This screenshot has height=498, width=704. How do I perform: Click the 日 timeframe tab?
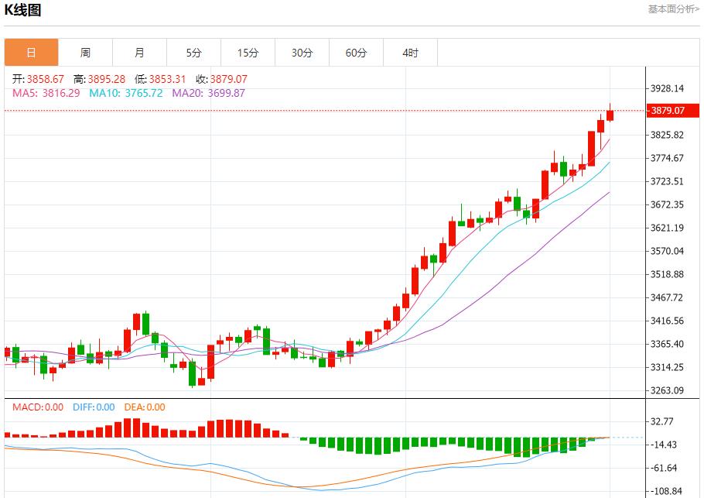tap(31, 53)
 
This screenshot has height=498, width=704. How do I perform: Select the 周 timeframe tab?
tap(85, 53)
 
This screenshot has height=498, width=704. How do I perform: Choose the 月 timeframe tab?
tap(139, 53)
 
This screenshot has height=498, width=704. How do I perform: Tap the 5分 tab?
tap(193, 53)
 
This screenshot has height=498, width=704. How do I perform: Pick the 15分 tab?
tap(248, 53)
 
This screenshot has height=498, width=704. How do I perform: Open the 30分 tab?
tap(302, 53)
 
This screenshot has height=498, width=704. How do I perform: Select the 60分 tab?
tap(356, 53)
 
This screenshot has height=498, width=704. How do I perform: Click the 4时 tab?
tap(410, 53)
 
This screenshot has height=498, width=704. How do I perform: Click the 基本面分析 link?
tap(673, 9)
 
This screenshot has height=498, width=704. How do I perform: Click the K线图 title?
tap(23, 10)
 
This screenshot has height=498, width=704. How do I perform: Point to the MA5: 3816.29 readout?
tap(46, 93)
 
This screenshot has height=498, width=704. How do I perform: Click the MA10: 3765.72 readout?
tap(126, 93)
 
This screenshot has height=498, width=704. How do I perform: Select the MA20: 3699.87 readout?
tap(208, 93)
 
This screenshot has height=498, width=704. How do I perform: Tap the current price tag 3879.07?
tap(668, 111)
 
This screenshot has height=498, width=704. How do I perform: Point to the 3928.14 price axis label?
tap(668, 88)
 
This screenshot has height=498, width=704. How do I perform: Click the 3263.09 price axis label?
tap(668, 390)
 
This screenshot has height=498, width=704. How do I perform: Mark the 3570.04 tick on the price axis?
tap(668, 251)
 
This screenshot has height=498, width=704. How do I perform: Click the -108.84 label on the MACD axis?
tap(665, 491)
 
